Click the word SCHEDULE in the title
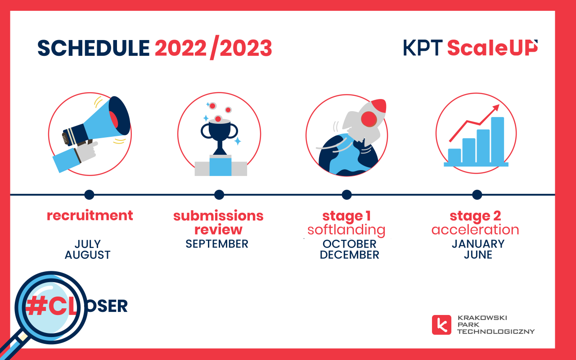(x=94, y=48)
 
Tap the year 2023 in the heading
(x=246, y=48)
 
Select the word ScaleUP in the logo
(x=492, y=48)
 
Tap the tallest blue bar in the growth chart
(x=498, y=140)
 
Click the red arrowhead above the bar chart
(x=496, y=108)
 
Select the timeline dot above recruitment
(x=89, y=195)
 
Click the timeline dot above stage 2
(x=477, y=195)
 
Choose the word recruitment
(x=90, y=215)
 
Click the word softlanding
(x=346, y=230)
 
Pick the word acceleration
(x=475, y=229)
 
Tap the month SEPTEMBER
(x=217, y=244)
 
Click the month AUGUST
(x=88, y=255)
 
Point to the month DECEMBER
(x=350, y=255)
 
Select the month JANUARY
(x=478, y=244)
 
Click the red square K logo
(x=441, y=325)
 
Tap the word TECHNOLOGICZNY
(x=496, y=332)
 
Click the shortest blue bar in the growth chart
(x=454, y=156)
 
